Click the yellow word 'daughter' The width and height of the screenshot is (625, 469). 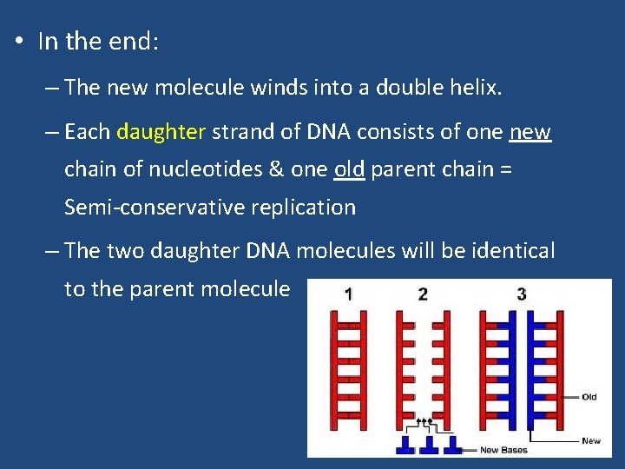coord(161,132)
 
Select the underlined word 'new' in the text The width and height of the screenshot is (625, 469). coord(530,132)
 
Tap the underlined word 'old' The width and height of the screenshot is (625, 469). coord(349,169)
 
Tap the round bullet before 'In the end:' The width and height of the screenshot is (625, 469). coord(18,43)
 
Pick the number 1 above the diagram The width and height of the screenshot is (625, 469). coord(348,294)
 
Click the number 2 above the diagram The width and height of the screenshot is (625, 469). coord(423,294)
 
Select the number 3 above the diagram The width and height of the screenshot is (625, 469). coord(521,294)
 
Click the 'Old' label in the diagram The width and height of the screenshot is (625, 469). coord(589,397)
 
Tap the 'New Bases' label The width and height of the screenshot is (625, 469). coord(503,450)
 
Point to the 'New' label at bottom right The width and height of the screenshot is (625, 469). coord(591,441)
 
